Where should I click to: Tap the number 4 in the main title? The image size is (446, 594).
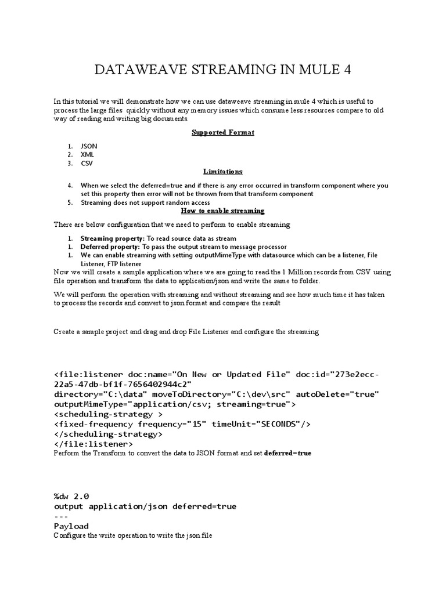pyautogui.click(x=347, y=70)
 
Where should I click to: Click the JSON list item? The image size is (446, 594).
pyautogui.click(x=89, y=146)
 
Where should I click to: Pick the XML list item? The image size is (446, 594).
pyautogui.click(x=87, y=155)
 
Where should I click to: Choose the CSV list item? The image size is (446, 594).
pyautogui.click(x=87, y=163)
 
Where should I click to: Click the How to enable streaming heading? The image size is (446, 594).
pyautogui.click(x=223, y=211)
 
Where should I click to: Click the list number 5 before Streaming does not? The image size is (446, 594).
pyautogui.click(x=69, y=202)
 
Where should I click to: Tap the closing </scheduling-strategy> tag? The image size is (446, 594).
pyautogui.click(x=109, y=434)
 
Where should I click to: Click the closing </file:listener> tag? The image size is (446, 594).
pyautogui.click(x=89, y=444)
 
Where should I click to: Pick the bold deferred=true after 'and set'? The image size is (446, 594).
pyautogui.click(x=287, y=453)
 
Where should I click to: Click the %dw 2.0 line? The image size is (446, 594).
pyautogui.click(x=71, y=496)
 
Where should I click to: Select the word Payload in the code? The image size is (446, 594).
pyautogui.click(x=71, y=526)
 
